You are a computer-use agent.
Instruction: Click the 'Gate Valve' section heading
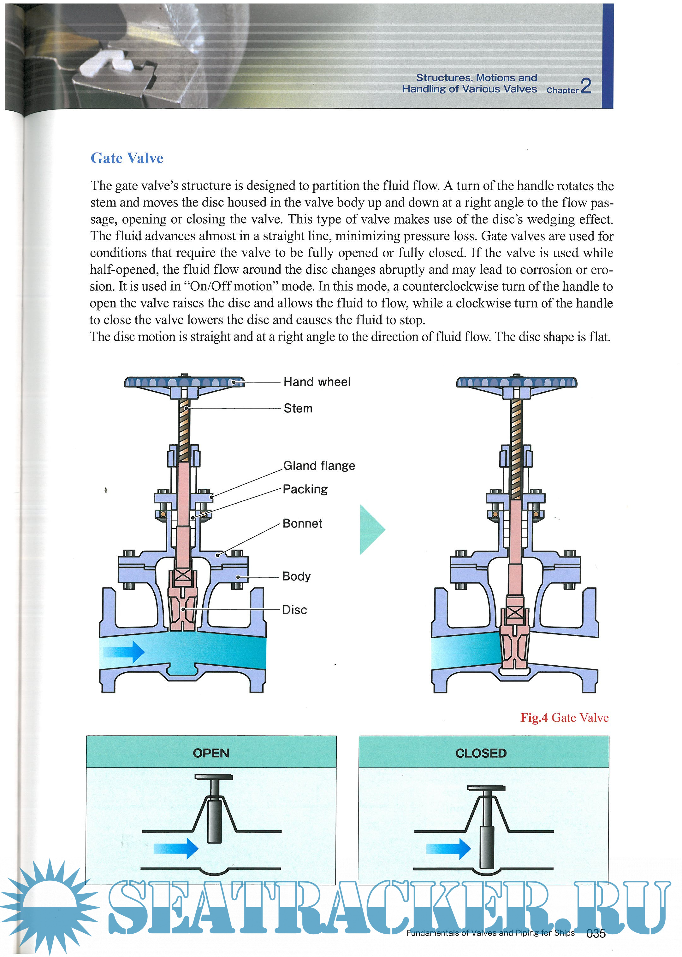(127, 158)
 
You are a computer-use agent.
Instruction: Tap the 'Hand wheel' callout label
(317, 382)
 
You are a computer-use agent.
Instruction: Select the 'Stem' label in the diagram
(298, 408)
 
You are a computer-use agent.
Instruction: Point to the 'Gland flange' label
(319, 466)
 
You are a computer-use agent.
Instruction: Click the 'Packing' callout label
(305, 489)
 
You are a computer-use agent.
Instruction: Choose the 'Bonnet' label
(302, 524)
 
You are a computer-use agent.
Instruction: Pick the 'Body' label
(296, 576)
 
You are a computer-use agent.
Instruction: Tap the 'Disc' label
(294, 610)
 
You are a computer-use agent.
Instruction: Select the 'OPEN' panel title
(211, 753)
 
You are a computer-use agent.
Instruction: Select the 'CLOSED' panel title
(481, 753)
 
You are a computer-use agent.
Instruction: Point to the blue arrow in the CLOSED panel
(448, 848)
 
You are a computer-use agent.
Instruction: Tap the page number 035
(596, 933)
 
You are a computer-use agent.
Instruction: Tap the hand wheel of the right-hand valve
(517, 382)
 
